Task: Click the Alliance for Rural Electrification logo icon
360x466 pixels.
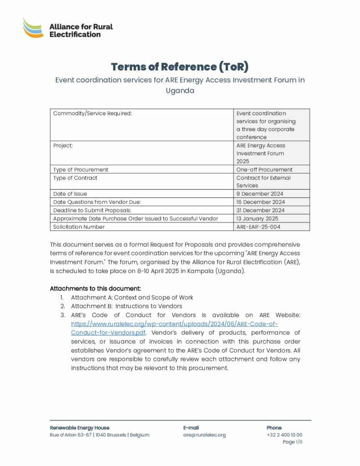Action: pos(33,28)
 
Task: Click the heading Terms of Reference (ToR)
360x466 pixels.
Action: pos(180,67)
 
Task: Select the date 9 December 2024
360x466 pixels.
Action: pos(260,194)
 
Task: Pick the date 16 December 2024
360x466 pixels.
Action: pos(261,202)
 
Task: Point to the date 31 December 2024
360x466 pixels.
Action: pos(260,210)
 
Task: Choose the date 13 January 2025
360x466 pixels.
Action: pos(258,218)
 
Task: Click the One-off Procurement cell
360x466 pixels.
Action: pos(264,170)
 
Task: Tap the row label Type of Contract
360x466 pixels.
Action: pos(75,178)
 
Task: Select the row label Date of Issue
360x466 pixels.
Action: pos(70,194)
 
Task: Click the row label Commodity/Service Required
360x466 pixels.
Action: pos(92,113)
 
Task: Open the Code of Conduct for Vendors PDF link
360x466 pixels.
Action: pos(175,328)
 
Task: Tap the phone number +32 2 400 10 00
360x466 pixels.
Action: pos(284,435)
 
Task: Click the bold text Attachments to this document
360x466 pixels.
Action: pos(95,289)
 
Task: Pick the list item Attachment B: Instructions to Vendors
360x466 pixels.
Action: pos(127,306)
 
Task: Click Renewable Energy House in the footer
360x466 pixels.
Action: pos(80,428)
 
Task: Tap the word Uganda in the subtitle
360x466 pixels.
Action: pos(180,91)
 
